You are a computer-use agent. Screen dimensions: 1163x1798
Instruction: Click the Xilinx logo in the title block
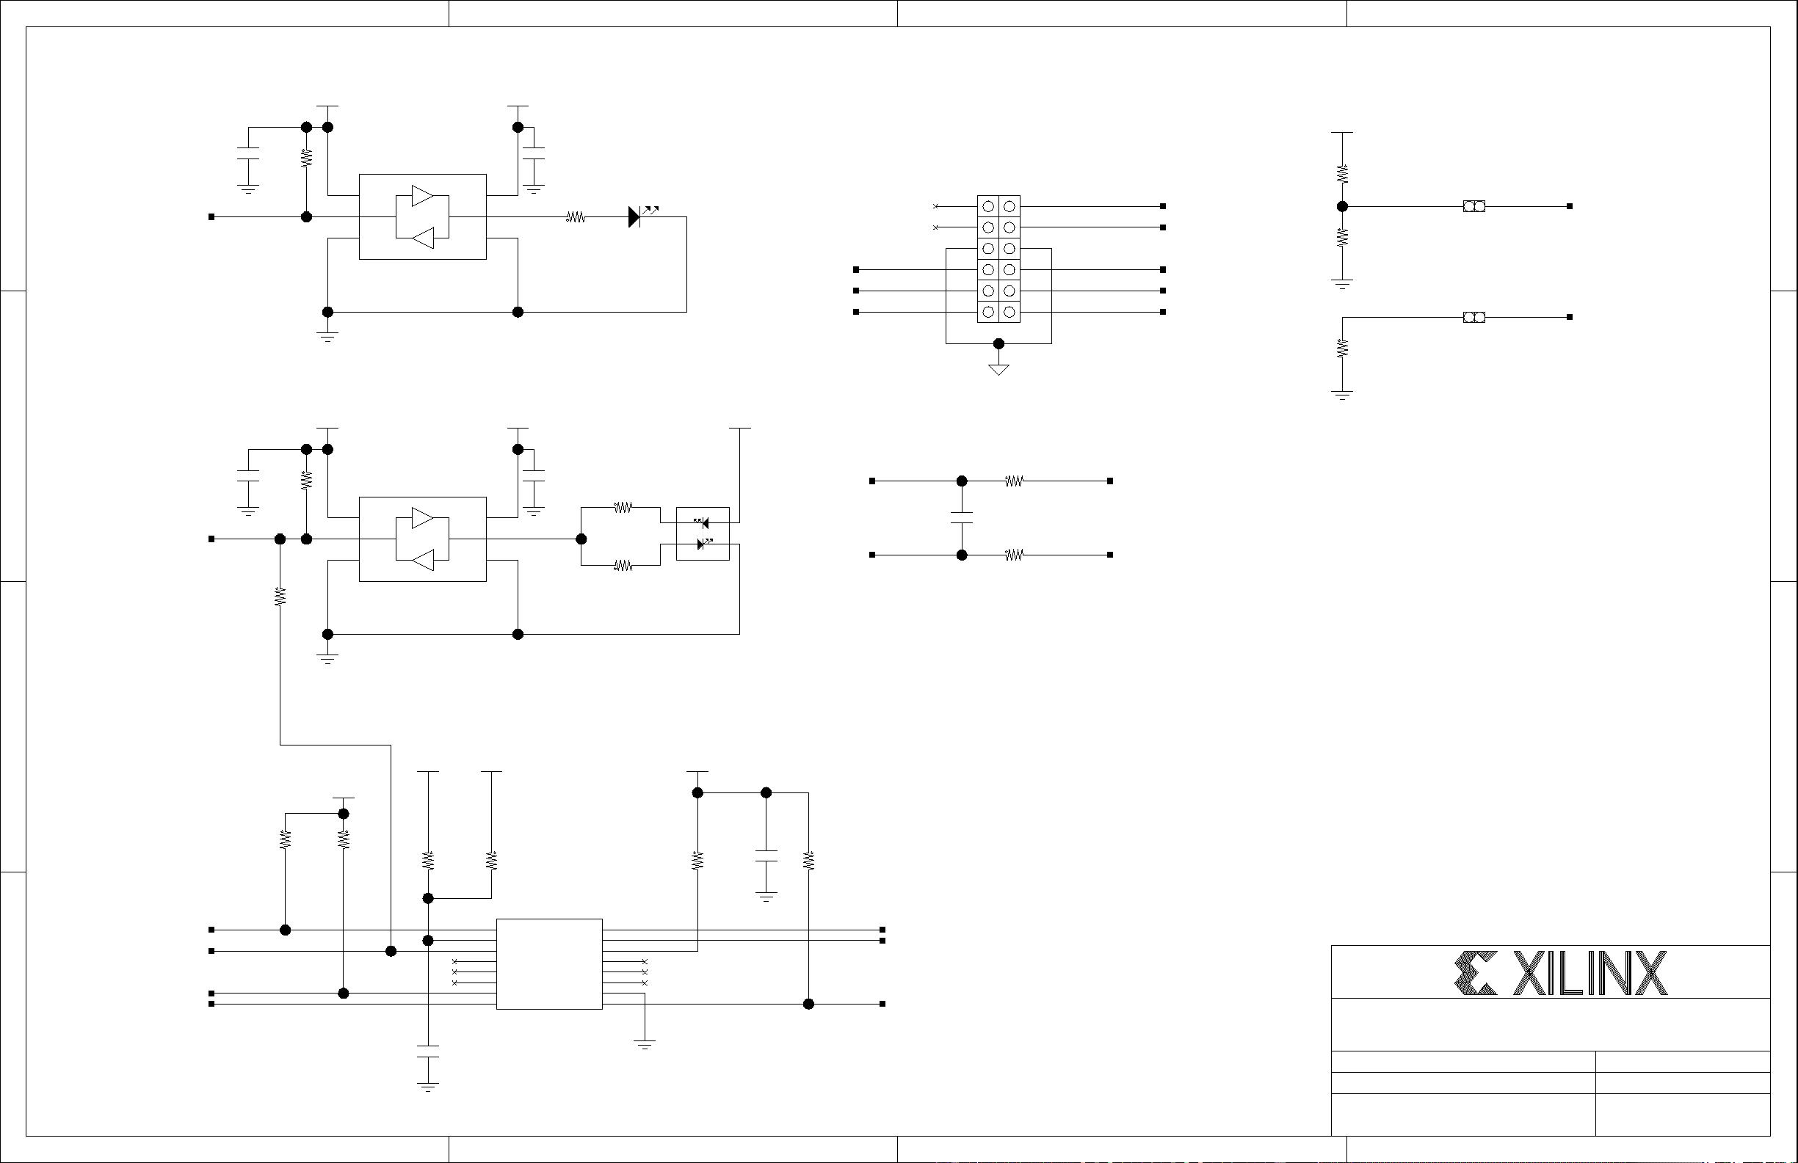(x=1561, y=974)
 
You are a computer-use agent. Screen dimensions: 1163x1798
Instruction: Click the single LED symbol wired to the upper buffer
(x=635, y=216)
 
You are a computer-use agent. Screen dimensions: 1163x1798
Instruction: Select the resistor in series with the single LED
(x=576, y=217)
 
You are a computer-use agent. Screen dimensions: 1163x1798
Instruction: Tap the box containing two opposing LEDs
(x=703, y=533)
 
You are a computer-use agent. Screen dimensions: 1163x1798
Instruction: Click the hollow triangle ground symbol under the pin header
(x=998, y=369)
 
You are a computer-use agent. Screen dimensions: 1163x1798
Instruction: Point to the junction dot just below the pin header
(x=998, y=343)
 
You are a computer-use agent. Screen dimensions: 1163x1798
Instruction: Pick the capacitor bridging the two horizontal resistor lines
(x=962, y=517)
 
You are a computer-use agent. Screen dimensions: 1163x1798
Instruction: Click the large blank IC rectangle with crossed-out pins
(x=549, y=963)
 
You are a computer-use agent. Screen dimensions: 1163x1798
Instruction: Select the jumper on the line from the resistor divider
(x=1474, y=206)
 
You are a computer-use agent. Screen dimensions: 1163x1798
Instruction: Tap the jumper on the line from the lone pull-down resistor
(x=1474, y=317)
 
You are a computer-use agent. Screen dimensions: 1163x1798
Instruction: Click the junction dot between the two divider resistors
(x=1343, y=206)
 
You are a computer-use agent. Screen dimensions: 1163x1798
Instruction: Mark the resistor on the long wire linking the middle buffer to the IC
(x=280, y=597)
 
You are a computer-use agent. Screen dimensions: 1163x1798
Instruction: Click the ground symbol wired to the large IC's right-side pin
(x=645, y=1045)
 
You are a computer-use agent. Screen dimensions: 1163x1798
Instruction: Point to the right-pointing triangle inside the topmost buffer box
(x=422, y=196)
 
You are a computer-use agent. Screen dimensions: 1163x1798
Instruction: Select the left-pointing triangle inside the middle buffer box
(x=422, y=560)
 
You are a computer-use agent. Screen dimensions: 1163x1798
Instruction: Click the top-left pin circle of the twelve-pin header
(x=988, y=206)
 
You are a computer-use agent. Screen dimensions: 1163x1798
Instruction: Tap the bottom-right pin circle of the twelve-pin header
(x=1009, y=312)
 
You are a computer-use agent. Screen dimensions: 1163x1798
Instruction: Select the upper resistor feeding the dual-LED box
(x=623, y=508)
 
